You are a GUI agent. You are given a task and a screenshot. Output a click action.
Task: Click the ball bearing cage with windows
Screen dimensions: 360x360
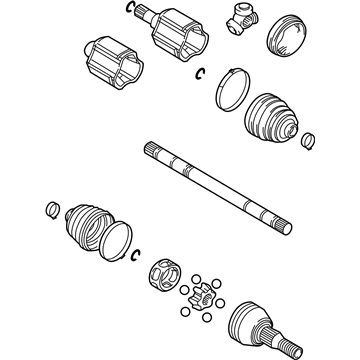(164, 274)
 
